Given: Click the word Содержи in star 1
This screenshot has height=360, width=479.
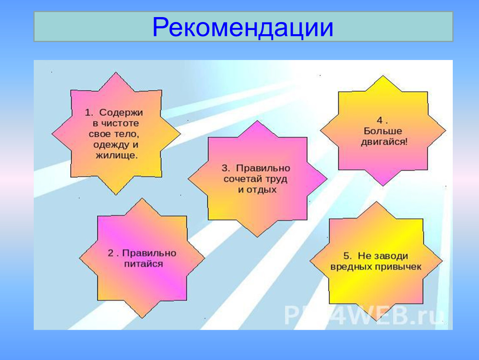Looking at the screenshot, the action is (121, 113).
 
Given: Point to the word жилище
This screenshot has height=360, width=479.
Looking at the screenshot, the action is (117, 155).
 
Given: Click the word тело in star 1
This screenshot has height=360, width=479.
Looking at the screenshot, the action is (126, 134).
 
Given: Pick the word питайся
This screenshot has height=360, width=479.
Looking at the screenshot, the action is (143, 264).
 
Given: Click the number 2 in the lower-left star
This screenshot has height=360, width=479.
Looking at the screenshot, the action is (110, 253).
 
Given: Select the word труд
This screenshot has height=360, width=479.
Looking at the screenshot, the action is (276, 180).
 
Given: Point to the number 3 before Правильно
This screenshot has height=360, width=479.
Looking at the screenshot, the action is (225, 168).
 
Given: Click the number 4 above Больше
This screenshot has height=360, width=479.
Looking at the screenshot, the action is (380, 120).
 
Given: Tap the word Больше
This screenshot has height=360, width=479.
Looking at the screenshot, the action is (383, 131).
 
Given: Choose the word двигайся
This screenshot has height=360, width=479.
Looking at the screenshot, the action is (384, 142).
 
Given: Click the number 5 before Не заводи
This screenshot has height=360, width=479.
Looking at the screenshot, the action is (347, 256).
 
